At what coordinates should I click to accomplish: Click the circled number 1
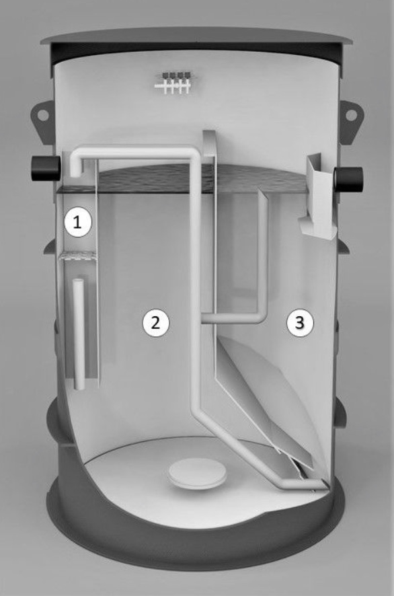click(77, 223)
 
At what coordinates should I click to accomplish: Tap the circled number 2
click(155, 322)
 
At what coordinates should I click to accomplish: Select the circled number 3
click(300, 322)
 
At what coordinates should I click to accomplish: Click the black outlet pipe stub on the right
click(349, 180)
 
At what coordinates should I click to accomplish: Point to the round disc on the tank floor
click(198, 474)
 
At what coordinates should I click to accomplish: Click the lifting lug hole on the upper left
click(43, 114)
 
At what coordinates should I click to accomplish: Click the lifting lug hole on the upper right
click(351, 115)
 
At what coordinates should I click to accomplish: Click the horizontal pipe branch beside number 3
click(233, 319)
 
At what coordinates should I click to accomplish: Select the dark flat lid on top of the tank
click(197, 39)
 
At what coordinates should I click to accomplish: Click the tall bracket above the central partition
click(210, 144)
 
